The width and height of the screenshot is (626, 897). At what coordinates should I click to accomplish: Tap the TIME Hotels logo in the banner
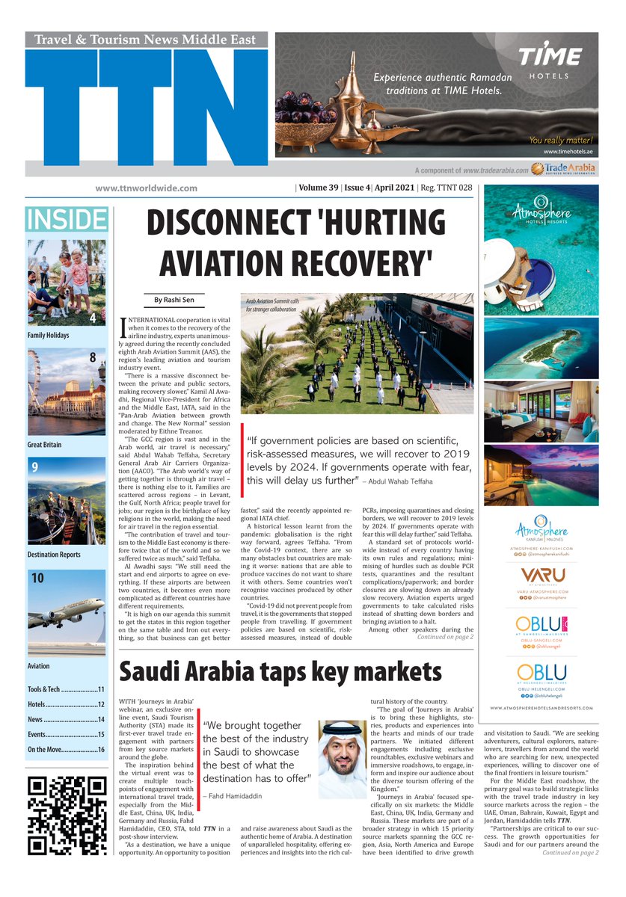(550, 62)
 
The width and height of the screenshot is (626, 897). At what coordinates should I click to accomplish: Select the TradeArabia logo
(563, 170)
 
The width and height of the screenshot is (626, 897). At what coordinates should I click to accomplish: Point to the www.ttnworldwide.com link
(146, 188)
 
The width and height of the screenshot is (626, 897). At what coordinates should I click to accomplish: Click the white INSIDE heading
(66, 220)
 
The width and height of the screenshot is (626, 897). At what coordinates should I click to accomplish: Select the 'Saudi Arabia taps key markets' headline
(280, 671)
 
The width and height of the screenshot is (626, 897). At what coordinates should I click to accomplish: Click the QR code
(67, 815)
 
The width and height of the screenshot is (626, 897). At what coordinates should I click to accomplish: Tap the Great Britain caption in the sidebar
(45, 445)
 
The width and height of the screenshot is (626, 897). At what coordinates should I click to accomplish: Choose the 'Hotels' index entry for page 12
(66, 704)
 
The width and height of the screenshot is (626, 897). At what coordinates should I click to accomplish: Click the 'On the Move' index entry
(66, 749)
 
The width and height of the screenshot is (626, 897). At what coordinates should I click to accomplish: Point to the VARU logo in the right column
(541, 576)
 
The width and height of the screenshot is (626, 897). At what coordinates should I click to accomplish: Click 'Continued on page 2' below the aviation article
(444, 637)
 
